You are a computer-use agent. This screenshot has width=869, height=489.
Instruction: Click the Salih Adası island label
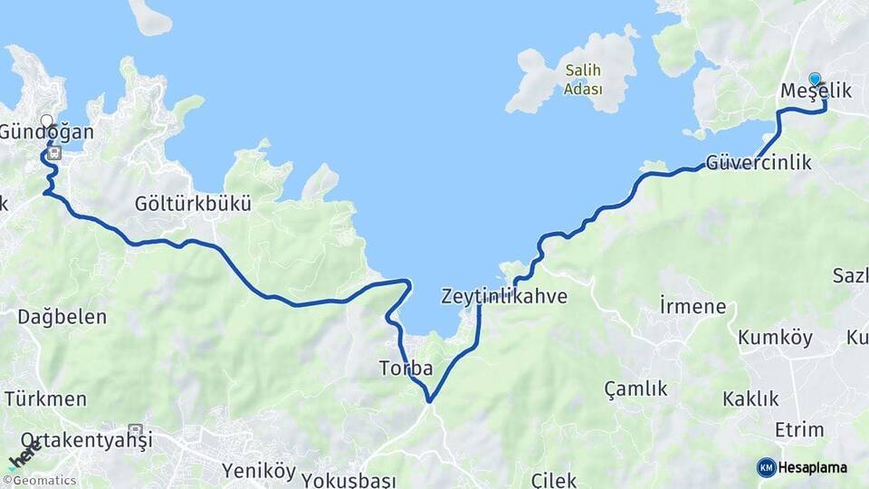tap(583, 79)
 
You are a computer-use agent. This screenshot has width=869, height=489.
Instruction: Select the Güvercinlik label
tap(758, 163)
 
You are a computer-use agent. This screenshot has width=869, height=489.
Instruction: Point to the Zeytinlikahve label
tap(504, 296)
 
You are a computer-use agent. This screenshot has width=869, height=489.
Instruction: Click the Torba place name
tap(406, 369)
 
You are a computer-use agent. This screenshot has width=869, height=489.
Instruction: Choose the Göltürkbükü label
tap(192, 203)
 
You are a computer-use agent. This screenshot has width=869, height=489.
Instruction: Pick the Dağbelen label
tap(62, 317)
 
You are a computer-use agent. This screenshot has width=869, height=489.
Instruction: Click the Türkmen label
tap(46, 398)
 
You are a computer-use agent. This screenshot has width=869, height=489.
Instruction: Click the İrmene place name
tap(692, 306)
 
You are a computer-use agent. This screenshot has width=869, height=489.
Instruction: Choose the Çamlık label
tap(635, 388)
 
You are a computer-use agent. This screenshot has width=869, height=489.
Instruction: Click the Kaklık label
tap(750, 398)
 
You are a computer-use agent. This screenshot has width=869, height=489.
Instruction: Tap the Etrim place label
tap(799, 429)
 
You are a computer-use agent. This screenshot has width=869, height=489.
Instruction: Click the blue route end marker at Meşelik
tap(815, 80)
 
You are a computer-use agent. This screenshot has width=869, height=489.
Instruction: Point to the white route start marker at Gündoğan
tap(47, 120)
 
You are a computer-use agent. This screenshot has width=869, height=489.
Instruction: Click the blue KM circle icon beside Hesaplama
tap(767, 467)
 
